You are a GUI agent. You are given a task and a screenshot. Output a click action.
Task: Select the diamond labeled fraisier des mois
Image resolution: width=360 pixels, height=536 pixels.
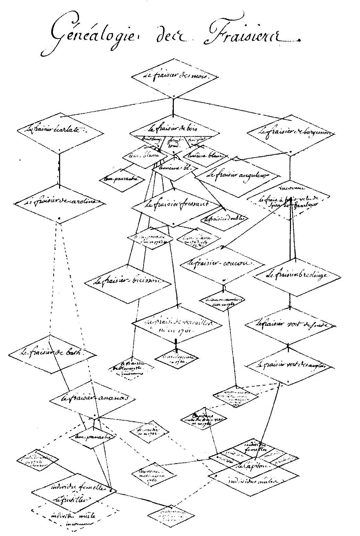tap(175, 77)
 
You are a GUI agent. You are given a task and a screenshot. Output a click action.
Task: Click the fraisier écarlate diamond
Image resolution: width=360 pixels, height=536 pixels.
tap(60, 130)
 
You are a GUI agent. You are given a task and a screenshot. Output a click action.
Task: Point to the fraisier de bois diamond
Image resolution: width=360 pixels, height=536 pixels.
tap(174, 129)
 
